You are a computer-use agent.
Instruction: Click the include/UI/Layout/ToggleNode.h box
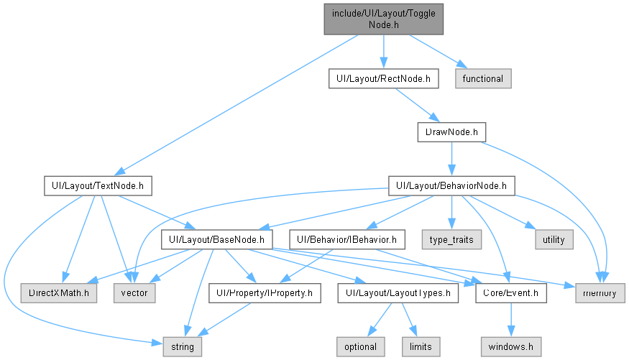(x=383, y=19)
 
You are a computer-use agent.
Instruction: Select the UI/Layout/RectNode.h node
(x=383, y=78)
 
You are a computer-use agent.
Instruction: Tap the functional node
(x=483, y=78)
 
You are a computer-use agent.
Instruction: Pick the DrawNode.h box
(x=451, y=132)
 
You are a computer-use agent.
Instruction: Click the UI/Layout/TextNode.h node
(x=98, y=185)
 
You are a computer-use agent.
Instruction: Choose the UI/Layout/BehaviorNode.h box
(x=451, y=185)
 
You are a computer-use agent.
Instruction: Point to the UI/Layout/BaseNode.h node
(x=216, y=239)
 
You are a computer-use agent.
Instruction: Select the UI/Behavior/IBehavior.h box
(x=347, y=239)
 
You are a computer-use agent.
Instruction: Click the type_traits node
(x=451, y=239)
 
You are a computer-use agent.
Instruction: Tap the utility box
(x=554, y=239)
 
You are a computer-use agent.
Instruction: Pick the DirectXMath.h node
(x=59, y=293)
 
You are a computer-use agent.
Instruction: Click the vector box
(x=134, y=293)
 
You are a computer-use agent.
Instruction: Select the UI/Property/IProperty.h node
(x=265, y=293)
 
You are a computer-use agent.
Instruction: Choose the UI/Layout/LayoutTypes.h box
(x=398, y=293)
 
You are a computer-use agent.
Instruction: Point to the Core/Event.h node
(x=511, y=293)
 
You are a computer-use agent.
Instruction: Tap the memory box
(x=600, y=293)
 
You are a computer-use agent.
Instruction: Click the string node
(x=183, y=347)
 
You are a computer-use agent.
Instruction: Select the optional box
(x=361, y=347)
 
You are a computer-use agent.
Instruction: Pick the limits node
(x=421, y=347)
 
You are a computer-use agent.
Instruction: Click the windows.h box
(x=511, y=347)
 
